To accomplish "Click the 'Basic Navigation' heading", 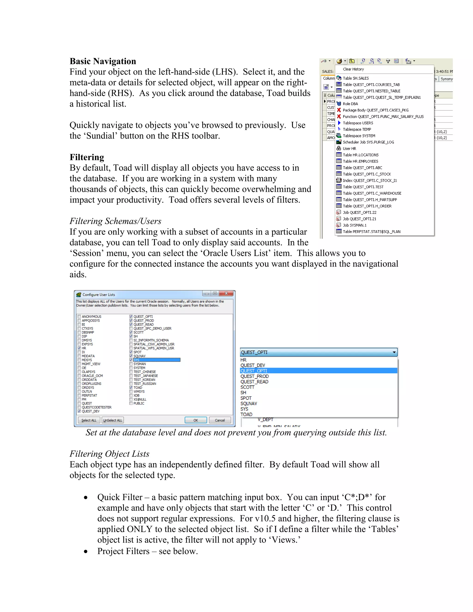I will coord(103,61).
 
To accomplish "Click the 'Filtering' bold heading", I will coord(87,157).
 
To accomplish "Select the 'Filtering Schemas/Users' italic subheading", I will coord(115,221).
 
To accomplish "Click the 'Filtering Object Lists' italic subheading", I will coord(109,454).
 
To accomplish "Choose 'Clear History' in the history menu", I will coord(353,69).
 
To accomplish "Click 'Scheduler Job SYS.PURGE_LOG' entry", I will coord(368,142).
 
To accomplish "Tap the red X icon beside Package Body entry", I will coord(339,110).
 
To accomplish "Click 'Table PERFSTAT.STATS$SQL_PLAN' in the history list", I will coord(371,231).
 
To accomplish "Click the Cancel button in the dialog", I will coord(220,420).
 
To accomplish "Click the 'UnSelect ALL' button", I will coord(113,420).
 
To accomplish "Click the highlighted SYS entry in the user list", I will coord(156,360).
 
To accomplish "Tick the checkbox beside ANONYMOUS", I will coord(79,317).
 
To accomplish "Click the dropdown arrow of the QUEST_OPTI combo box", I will coord(394,352).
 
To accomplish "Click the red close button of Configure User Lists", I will coord(226,293).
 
